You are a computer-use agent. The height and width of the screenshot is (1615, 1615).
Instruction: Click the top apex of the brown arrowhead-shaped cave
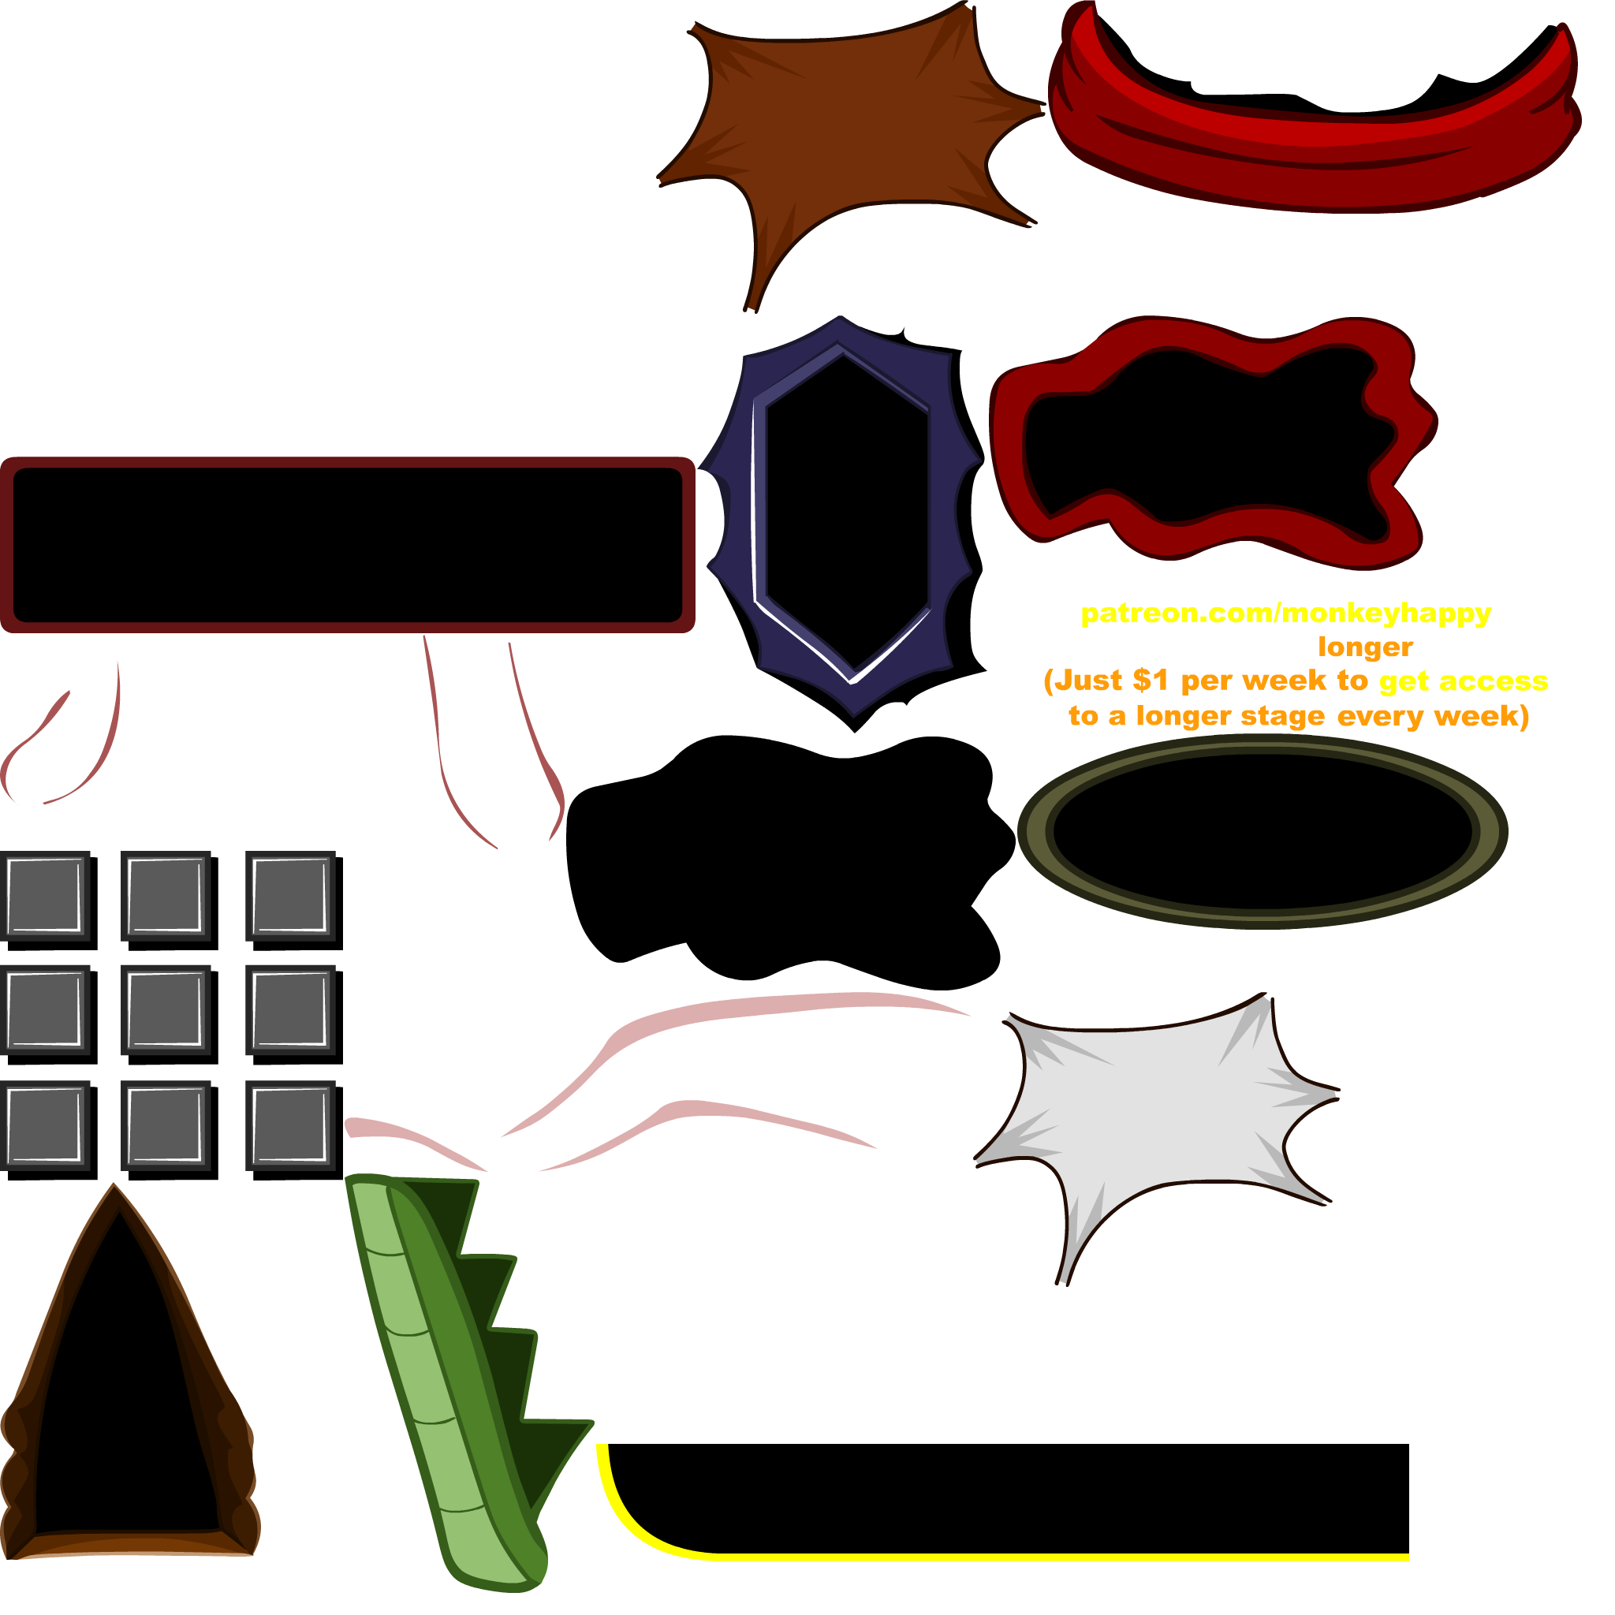tap(114, 1185)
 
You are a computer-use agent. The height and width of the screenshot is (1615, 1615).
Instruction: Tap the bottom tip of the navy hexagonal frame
tap(854, 733)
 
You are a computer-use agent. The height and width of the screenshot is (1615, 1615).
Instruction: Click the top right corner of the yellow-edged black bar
tap(1409, 1445)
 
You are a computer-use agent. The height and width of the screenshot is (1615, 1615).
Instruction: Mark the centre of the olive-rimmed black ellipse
tap(1263, 832)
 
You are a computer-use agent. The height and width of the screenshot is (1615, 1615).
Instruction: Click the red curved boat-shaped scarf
tap(1314, 125)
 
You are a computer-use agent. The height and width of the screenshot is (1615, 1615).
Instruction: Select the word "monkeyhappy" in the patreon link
tap(1386, 614)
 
